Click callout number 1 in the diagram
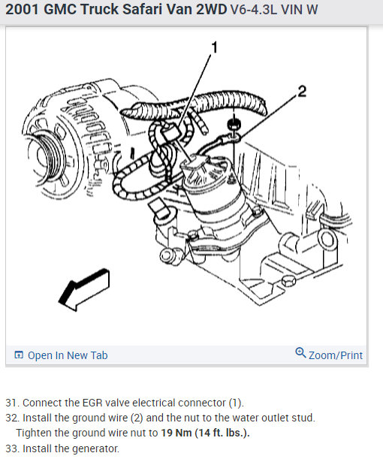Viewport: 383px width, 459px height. (x=215, y=47)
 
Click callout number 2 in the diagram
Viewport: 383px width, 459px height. (x=302, y=92)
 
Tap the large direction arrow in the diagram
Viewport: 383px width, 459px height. (x=85, y=289)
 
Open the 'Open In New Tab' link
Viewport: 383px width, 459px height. (x=68, y=355)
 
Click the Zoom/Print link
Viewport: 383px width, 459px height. (x=335, y=355)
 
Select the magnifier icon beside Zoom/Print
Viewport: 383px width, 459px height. (x=300, y=353)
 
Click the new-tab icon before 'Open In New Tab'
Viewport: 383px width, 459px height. (x=19, y=355)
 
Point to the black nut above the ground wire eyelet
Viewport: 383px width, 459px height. (x=234, y=125)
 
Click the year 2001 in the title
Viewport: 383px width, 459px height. (x=22, y=9)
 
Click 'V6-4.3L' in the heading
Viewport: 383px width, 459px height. (x=254, y=10)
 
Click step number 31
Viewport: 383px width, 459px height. (x=12, y=403)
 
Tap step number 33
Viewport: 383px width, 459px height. (x=12, y=448)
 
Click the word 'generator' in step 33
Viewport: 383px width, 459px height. (x=95, y=449)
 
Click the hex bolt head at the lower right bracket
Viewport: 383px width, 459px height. (x=288, y=281)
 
